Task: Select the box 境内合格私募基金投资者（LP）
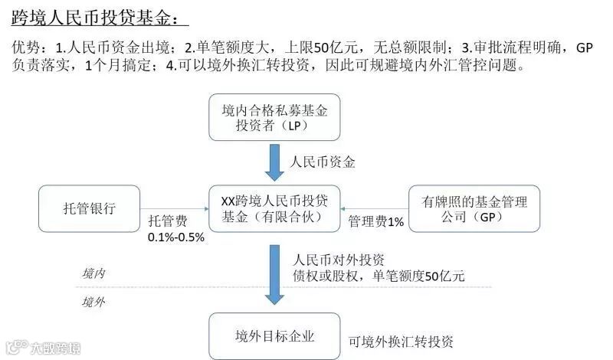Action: click(x=274, y=118)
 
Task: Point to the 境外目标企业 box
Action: click(x=274, y=336)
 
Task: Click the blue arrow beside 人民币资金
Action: click(x=274, y=162)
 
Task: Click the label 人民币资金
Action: click(x=323, y=162)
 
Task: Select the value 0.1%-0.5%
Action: click(x=176, y=237)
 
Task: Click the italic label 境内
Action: click(x=93, y=273)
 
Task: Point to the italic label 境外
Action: click(x=93, y=301)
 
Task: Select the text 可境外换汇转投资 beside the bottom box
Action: click(x=401, y=341)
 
